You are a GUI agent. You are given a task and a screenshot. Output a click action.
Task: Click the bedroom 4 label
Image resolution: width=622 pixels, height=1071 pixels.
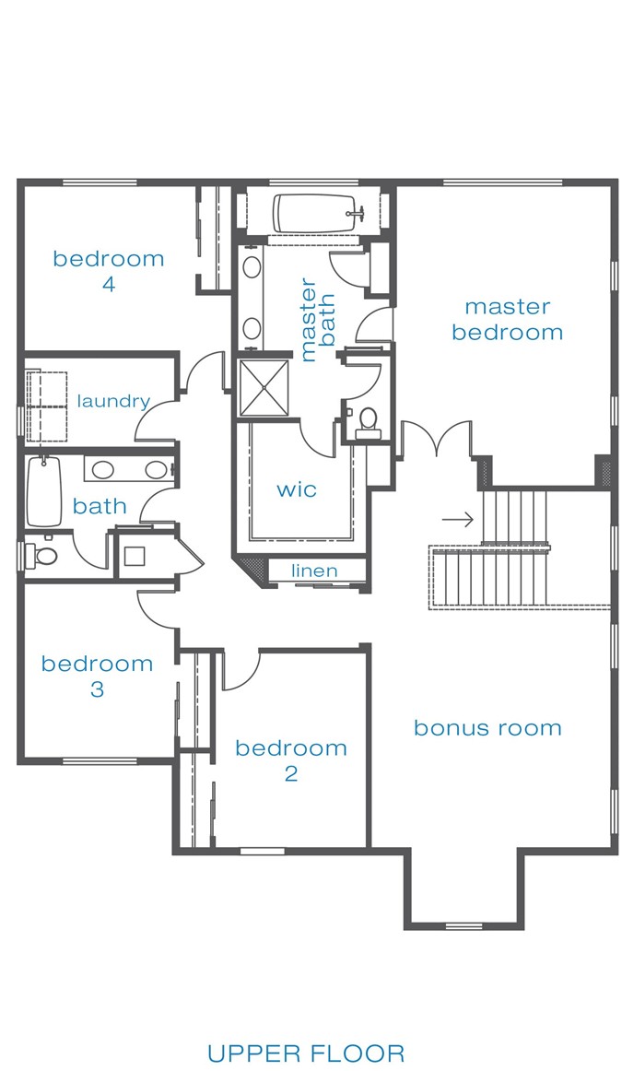pyautogui.click(x=109, y=271)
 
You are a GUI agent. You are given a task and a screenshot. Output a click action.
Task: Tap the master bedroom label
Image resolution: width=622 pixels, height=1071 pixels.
pyautogui.click(x=508, y=320)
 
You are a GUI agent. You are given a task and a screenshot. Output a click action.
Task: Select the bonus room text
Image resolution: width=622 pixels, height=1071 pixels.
pyautogui.click(x=487, y=728)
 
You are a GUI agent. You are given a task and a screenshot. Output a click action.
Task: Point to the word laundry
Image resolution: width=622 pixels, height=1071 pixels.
pyautogui.click(x=113, y=401)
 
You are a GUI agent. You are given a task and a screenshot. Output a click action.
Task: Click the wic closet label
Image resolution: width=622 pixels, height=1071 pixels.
pyautogui.click(x=297, y=489)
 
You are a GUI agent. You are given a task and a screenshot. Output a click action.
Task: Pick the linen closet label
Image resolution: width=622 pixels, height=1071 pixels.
pyautogui.click(x=314, y=571)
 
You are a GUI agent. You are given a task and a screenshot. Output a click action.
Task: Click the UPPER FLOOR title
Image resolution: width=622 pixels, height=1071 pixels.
pyautogui.click(x=306, y=1053)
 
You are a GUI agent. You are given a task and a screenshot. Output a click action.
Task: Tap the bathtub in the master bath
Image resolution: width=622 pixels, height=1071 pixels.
pyautogui.click(x=315, y=214)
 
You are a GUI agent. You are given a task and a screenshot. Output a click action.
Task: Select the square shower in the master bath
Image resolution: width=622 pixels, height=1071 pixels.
pyautogui.click(x=263, y=387)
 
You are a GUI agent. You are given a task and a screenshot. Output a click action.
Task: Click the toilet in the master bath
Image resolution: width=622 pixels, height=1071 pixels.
pyautogui.click(x=368, y=420)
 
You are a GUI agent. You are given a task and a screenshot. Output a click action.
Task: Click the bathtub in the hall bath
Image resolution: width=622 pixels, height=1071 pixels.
pyautogui.click(x=44, y=492)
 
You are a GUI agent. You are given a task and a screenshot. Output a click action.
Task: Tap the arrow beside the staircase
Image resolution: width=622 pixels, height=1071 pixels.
pyautogui.click(x=457, y=520)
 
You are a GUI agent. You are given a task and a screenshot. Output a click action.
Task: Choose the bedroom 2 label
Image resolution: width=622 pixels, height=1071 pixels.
pyautogui.click(x=291, y=760)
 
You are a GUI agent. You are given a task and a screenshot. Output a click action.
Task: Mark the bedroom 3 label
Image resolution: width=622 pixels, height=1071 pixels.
pyautogui.click(x=97, y=676)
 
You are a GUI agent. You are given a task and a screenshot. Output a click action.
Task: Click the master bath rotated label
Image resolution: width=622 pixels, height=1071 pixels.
pyautogui.click(x=318, y=320)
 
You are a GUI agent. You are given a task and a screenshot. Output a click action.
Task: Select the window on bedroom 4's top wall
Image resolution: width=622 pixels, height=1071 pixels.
pyautogui.click(x=100, y=182)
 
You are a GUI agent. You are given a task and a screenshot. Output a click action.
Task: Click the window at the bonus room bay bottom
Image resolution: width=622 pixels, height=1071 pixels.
pyautogui.click(x=464, y=926)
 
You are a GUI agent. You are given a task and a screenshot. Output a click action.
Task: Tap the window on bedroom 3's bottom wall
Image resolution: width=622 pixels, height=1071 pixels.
pyautogui.click(x=100, y=760)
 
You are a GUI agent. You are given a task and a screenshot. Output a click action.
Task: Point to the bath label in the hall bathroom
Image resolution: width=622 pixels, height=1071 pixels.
pyautogui.click(x=100, y=506)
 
